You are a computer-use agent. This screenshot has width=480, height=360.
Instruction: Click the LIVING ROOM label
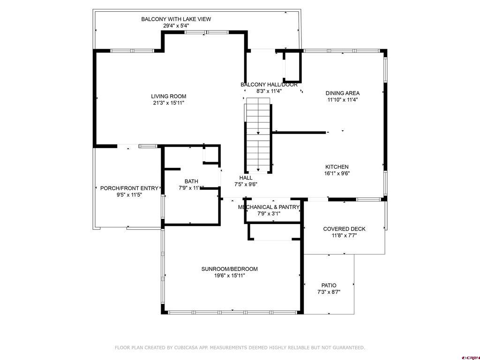tap(168, 97)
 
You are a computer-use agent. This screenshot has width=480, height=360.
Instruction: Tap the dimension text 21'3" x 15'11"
tap(168, 103)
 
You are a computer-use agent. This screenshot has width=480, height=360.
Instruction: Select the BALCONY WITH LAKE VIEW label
tap(176, 19)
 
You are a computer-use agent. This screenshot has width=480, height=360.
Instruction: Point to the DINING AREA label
tap(343, 93)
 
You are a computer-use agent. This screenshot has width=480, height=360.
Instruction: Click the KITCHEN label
tap(337, 167)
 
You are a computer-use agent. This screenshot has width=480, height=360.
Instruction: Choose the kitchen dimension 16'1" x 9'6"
tap(337, 173)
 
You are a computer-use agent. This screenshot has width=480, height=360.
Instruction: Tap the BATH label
tap(191, 181)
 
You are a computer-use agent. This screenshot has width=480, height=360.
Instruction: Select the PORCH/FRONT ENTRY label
tap(129, 188)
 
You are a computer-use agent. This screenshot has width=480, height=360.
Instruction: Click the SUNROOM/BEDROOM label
tap(229, 269)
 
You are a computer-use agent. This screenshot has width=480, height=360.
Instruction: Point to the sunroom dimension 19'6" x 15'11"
tap(229, 276)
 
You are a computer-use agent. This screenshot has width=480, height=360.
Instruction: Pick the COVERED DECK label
tap(344, 229)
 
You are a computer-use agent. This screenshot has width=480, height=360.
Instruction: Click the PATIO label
tap(329, 285)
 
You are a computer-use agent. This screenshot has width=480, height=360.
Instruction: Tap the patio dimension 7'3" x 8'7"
tap(329, 292)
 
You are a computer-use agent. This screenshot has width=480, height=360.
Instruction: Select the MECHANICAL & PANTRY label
tap(269, 207)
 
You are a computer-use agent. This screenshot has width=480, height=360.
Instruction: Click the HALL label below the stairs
tap(246, 178)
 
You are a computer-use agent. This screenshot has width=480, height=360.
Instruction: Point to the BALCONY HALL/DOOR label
tap(269, 85)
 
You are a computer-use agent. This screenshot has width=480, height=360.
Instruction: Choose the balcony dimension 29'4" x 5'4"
tap(176, 26)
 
